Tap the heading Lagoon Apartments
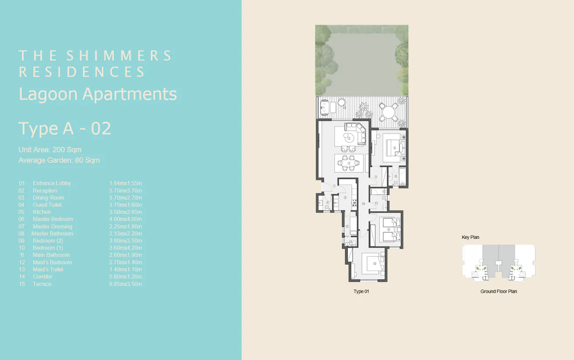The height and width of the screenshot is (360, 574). click(98, 94)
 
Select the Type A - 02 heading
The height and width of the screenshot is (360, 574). click(65, 129)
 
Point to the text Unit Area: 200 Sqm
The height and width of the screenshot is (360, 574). click(50, 150)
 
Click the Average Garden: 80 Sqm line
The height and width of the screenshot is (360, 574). click(59, 160)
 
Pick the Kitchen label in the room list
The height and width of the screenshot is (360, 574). click(42, 212)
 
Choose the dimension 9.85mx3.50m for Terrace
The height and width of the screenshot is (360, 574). click(126, 284)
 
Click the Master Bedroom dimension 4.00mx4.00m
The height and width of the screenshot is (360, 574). click(126, 219)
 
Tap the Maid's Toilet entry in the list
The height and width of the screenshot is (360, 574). click(48, 269)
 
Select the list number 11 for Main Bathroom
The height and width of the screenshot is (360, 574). click(22, 255)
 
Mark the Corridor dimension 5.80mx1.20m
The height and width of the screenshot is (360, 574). click(126, 276)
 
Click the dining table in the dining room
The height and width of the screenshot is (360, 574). click(349, 164)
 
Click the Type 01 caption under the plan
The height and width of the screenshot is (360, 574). click(361, 291)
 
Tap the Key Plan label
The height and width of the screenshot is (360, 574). click(470, 238)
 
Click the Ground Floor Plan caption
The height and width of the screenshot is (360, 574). click(498, 291)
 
